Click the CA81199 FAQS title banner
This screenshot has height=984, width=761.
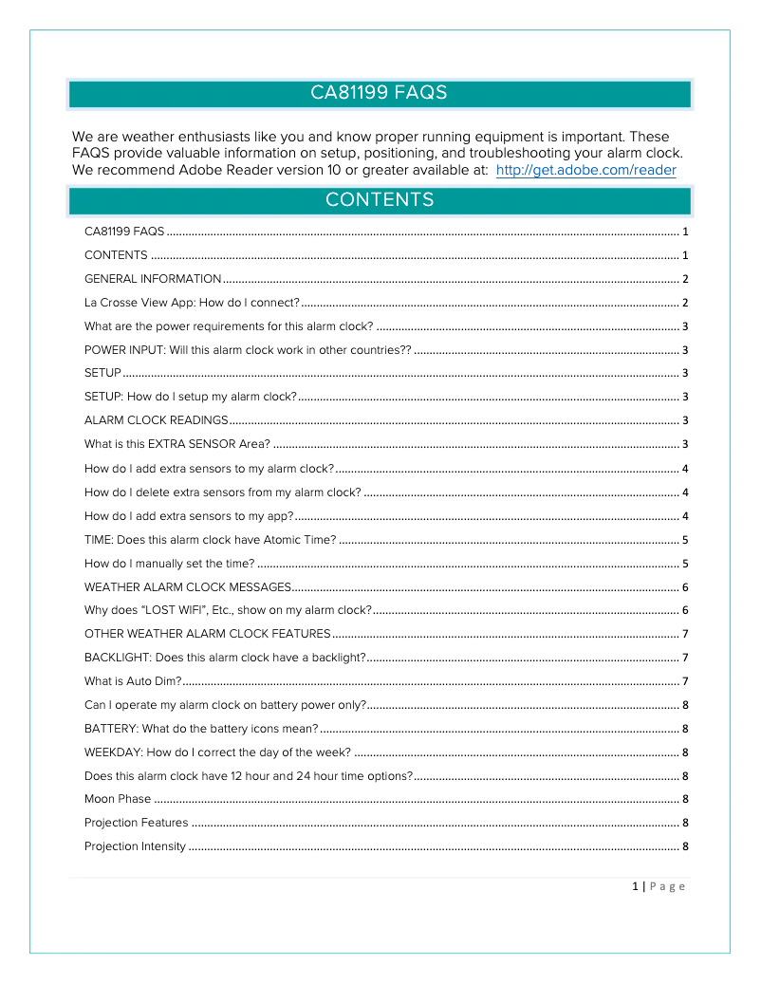click(380, 93)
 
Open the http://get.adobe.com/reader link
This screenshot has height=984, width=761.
click(585, 171)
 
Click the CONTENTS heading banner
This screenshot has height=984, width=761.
click(380, 200)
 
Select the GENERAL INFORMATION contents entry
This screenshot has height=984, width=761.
click(153, 279)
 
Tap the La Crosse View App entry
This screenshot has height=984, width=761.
click(192, 303)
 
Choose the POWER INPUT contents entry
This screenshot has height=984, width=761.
click(248, 350)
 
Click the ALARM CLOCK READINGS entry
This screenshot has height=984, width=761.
click(157, 420)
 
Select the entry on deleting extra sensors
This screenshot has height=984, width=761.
click(222, 492)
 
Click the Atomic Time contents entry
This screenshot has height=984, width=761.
click(210, 539)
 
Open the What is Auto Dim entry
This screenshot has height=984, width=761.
click(133, 681)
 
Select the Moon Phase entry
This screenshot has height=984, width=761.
click(118, 799)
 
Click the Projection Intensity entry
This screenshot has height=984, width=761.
click(135, 846)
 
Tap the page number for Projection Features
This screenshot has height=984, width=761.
click(685, 823)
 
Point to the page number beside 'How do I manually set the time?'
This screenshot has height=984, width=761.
click(685, 563)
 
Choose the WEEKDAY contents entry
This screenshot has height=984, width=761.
click(217, 752)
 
